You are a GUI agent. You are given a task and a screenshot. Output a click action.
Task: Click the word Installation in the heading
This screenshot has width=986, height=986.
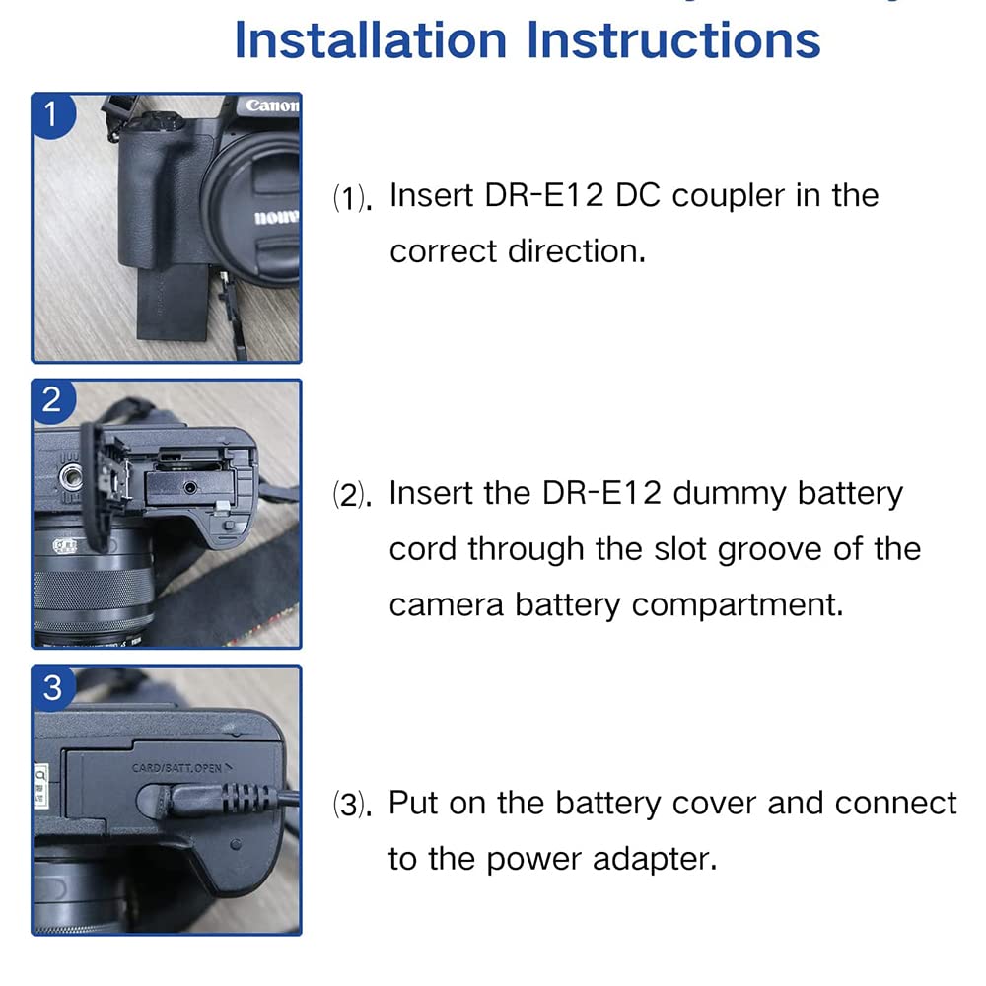pos(371,40)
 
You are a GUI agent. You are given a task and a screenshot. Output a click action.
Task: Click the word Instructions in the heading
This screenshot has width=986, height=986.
pos(673,40)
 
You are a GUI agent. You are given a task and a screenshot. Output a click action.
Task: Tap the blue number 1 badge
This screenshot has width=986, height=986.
pos(52,114)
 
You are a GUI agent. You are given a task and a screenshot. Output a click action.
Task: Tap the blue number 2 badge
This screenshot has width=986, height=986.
pos(52,400)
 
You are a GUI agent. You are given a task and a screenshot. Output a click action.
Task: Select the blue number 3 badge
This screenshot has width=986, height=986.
pos(52,687)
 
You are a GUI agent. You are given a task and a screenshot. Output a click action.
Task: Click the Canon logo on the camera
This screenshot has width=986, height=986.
pos(271,106)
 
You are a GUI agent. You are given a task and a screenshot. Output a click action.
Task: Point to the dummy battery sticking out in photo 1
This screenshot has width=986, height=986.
pos(172,302)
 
